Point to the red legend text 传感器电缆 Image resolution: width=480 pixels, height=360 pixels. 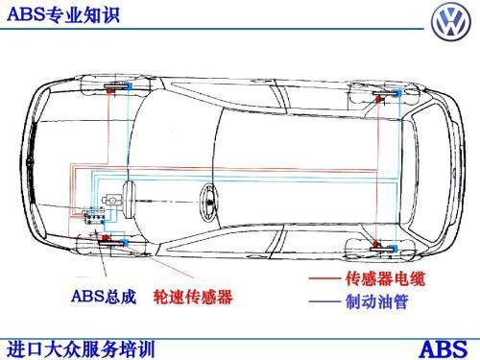(382, 279)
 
